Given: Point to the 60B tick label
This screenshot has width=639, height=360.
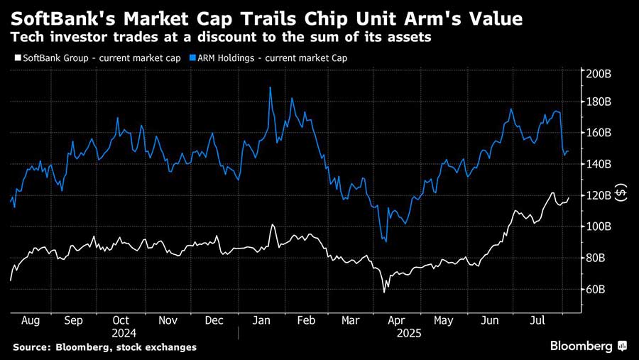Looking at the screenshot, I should pyautogui.click(x=596, y=290).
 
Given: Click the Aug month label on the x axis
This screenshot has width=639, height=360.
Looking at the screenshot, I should pyautogui.click(x=31, y=320).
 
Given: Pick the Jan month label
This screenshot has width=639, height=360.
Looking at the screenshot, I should pyautogui.click(x=261, y=320).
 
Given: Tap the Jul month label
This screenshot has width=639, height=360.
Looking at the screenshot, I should pyautogui.click(x=536, y=320).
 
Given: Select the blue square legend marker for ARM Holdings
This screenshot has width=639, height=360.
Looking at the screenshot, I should pyautogui.click(x=197, y=58).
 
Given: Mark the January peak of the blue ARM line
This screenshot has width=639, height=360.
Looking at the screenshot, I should pyautogui.click(x=271, y=88).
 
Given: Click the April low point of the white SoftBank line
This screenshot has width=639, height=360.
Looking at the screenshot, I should pyautogui.click(x=385, y=291).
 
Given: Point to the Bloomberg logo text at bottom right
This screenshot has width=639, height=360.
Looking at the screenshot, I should pyautogui.click(x=581, y=346).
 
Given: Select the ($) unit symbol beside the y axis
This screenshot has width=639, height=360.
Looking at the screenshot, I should pyautogui.click(x=621, y=193).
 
